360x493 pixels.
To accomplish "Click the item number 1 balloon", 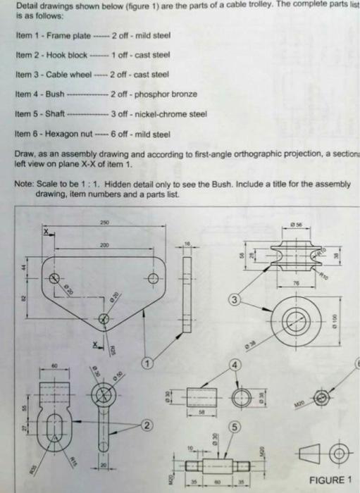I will click(148, 363).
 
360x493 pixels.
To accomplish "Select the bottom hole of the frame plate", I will click(104, 318).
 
